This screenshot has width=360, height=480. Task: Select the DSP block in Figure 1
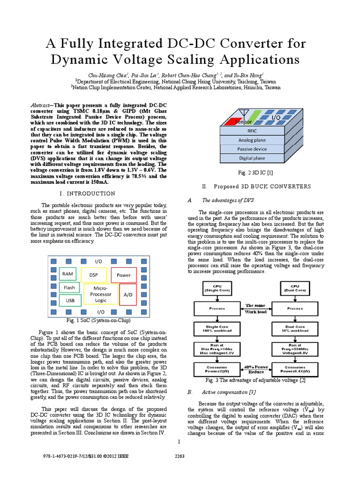point(94,275)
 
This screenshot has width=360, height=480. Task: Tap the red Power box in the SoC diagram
point(124,275)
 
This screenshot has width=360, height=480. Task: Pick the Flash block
point(69,287)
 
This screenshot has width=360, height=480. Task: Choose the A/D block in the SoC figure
point(128,294)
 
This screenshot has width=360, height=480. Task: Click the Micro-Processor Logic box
point(101,294)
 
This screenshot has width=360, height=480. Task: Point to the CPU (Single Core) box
point(217,288)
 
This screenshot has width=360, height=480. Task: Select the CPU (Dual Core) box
point(295,288)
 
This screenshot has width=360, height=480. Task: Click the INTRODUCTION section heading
point(88,194)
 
